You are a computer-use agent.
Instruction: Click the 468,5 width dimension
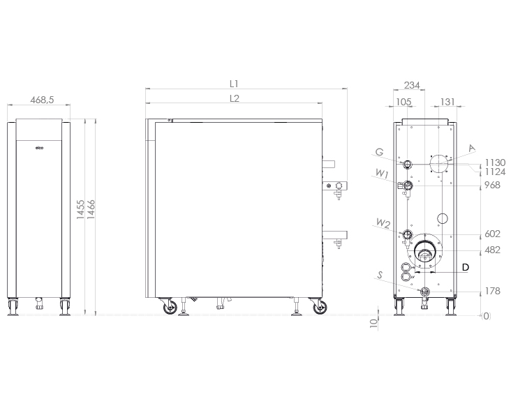tap(43, 100)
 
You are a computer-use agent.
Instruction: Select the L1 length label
tap(235, 84)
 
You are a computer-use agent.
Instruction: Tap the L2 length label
tap(235, 99)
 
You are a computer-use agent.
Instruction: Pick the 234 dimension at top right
tap(412, 85)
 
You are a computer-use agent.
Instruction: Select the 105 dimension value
tap(403, 102)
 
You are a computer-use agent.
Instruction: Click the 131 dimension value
tap(447, 102)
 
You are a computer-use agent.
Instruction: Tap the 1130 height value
tap(495, 163)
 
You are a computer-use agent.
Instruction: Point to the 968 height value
tap(493, 186)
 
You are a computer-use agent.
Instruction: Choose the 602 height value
tap(493, 234)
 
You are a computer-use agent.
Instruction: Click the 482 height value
tap(493, 250)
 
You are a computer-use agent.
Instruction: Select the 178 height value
tap(493, 291)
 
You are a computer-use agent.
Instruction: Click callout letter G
tap(379, 151)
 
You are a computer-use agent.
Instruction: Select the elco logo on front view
tap(39, 149)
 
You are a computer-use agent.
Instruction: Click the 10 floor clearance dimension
tap(373, 323)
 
